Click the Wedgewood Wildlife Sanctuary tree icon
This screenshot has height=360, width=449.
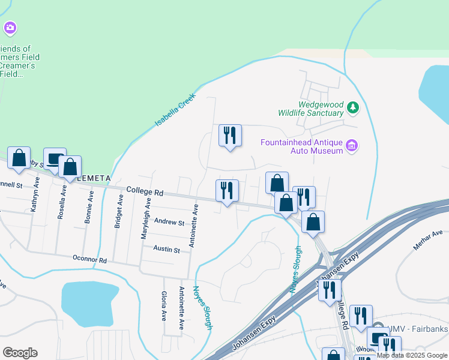354,108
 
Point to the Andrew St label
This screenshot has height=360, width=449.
169,222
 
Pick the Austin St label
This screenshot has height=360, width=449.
166,249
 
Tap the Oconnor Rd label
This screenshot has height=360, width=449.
90,260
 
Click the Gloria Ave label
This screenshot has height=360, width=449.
163,306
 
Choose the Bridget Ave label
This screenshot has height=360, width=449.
119,211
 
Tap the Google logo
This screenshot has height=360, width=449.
20,352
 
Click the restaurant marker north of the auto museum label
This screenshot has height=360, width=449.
230,136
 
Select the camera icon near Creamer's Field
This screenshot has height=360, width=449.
10,28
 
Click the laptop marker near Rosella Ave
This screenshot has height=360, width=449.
55,159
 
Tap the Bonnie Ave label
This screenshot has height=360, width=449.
89,208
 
